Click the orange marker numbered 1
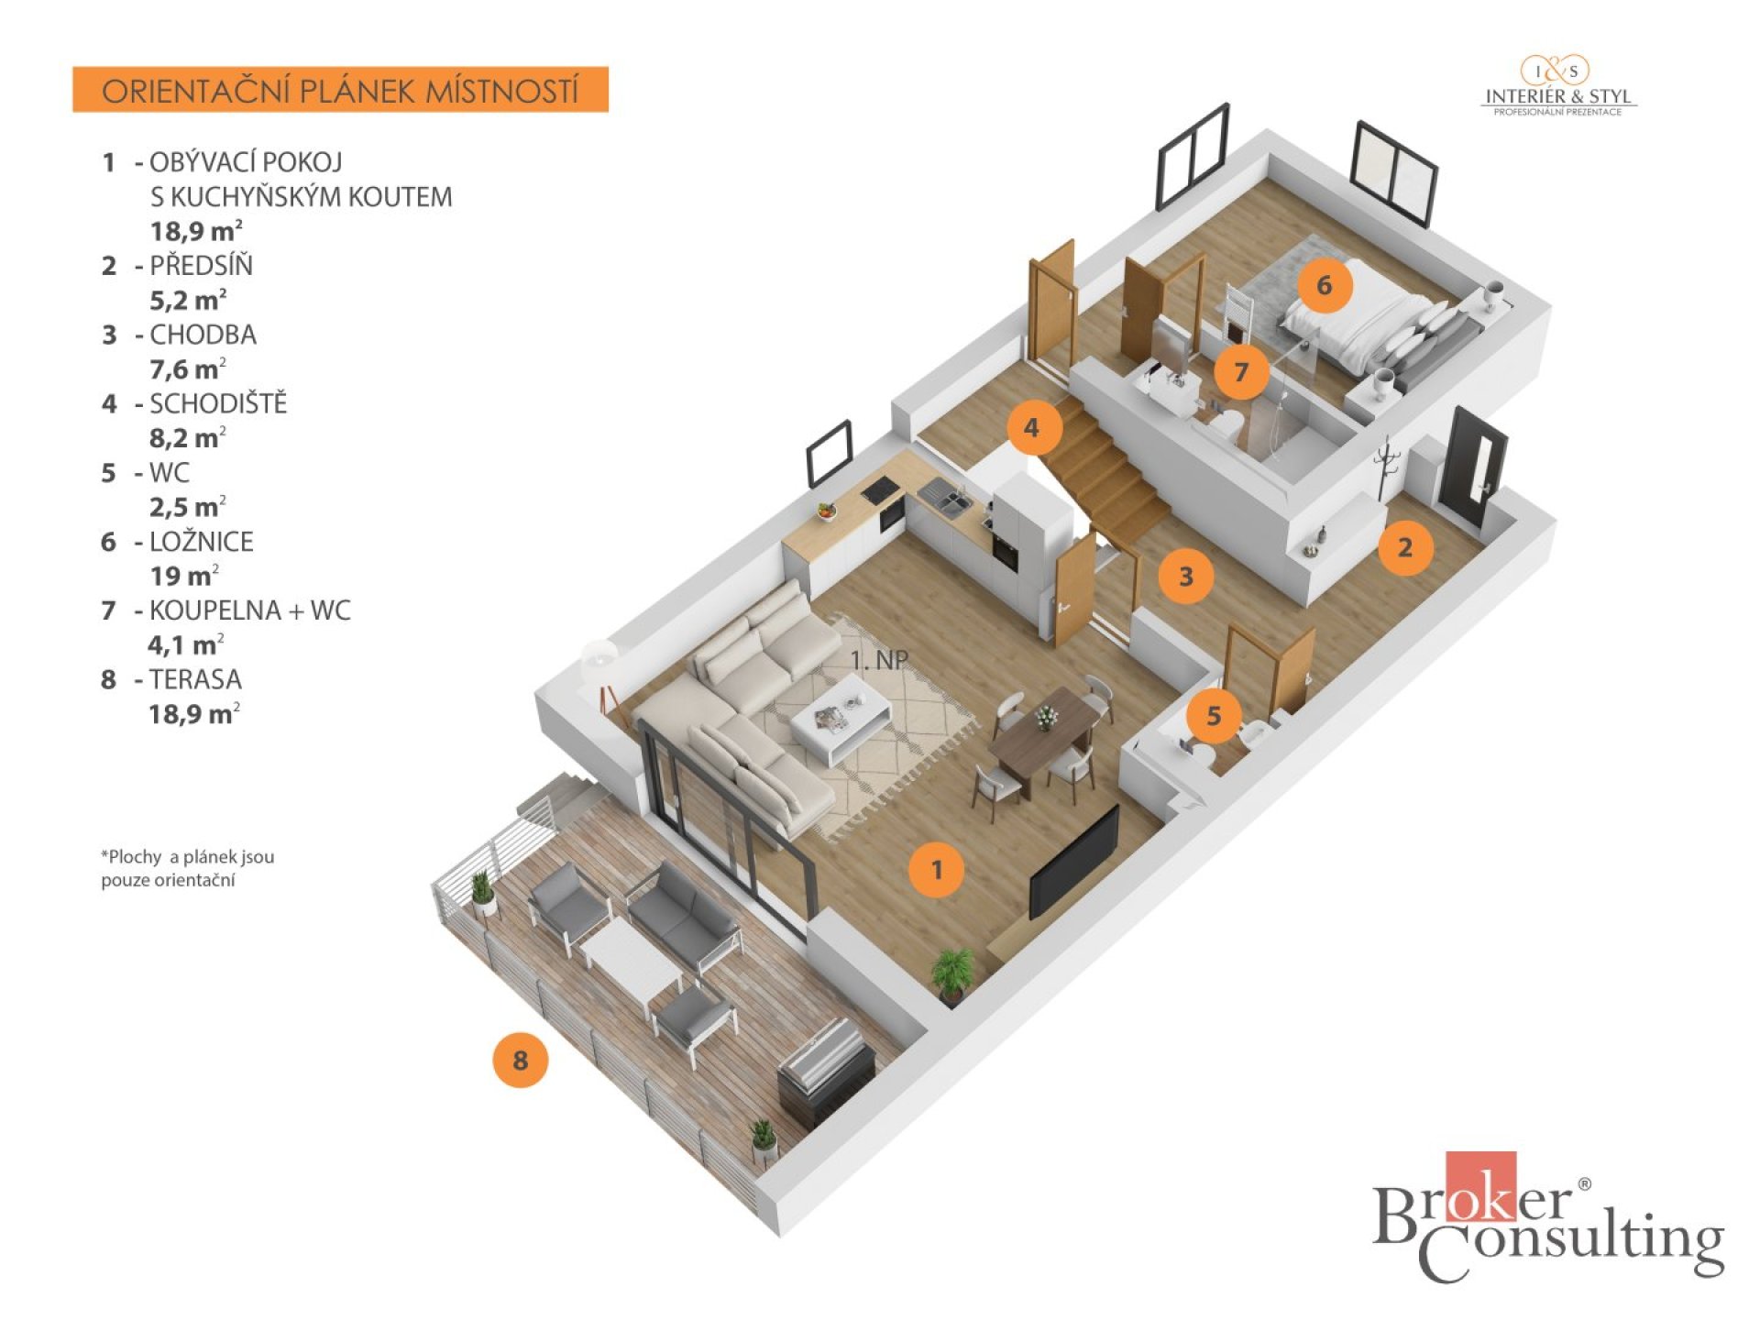tap(936, 869)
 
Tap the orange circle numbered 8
tap(520, 1061)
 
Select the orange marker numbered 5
tap(1214, 715)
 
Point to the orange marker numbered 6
tap(1324, 285)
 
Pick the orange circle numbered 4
tap(1031, 427)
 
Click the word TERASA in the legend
tap(195, 679)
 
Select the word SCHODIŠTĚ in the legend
tap(218, 403)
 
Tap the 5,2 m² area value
tap(187, 300)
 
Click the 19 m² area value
tap(184, 576)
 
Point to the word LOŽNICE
tap(201, 541)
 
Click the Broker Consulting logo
tap(1547, 1216)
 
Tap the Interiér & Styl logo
tap(1557, 86)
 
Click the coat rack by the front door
tap(1386, 466)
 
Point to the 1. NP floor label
tap(878, 660)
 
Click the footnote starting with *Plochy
tap(188, 868)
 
